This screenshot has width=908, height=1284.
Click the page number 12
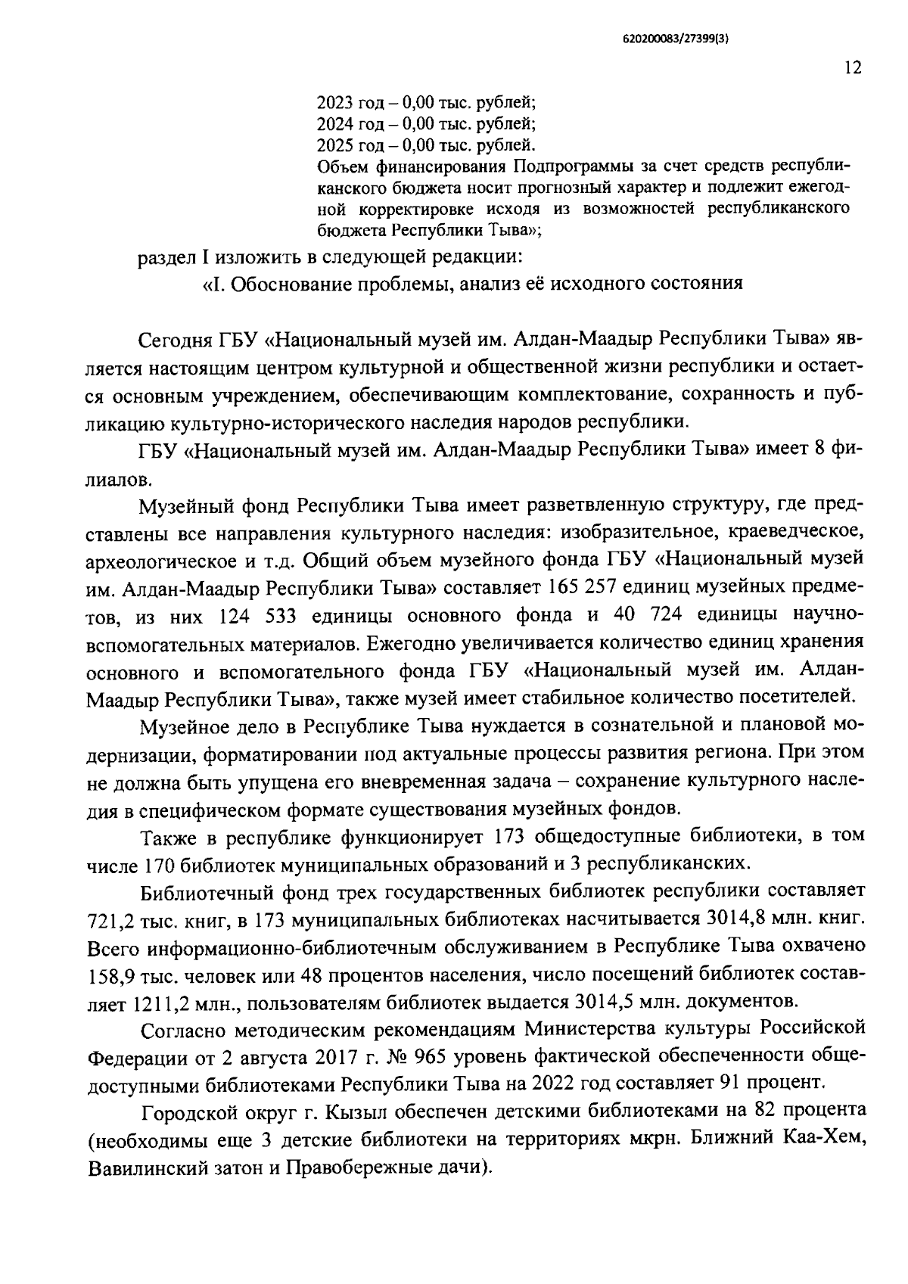852,68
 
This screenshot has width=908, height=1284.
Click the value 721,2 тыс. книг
151,920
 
